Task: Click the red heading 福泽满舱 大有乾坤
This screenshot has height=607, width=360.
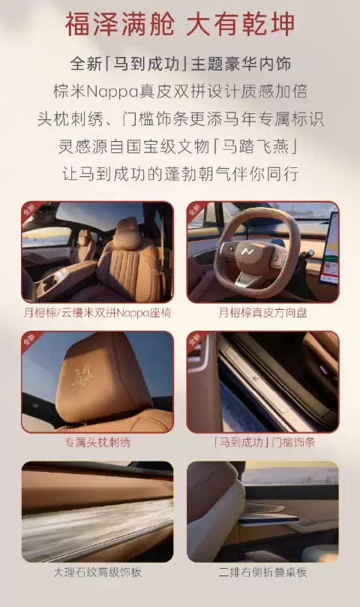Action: tap(180, 24)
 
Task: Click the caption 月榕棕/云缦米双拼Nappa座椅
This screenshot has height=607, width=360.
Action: tap(97, 312)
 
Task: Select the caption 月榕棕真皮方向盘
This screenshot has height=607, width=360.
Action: tap(262, 312)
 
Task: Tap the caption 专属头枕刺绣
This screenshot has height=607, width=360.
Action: tap(97, 443)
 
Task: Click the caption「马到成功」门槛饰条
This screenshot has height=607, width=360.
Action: tap(262, 443)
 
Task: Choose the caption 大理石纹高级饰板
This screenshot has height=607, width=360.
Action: tap(97, 572)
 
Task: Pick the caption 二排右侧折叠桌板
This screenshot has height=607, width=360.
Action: tap(262, 572)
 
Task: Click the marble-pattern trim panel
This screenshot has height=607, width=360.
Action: tap(97, 525)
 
